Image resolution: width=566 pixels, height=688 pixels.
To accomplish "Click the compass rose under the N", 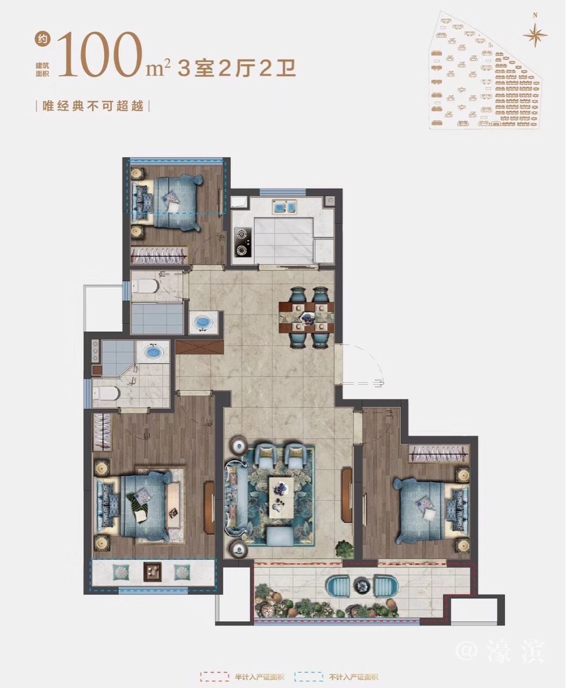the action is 535,34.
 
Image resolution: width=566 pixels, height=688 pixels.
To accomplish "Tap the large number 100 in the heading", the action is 101,54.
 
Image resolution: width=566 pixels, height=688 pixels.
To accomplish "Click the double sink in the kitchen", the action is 284,206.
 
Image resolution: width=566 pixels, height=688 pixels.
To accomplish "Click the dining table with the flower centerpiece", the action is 306,317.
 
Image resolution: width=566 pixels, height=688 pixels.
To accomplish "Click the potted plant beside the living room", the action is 345,549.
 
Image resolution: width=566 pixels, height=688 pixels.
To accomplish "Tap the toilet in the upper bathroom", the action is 146,286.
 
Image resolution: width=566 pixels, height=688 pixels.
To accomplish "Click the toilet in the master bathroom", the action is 105,393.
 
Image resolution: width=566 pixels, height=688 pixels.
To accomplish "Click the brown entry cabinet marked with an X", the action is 199,347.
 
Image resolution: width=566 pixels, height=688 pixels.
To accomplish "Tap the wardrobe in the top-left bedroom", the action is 159,255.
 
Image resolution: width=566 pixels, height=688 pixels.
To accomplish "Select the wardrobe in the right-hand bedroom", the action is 439,454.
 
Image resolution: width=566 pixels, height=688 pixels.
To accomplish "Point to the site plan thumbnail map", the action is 485,70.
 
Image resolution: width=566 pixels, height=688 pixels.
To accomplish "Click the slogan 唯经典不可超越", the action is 93,106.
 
